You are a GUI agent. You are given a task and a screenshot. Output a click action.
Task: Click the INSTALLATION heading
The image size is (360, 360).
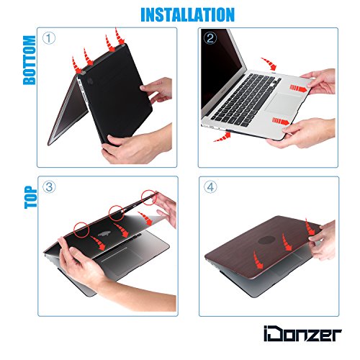[187, 14]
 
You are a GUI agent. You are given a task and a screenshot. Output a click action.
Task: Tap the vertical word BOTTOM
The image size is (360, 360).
[30, 60]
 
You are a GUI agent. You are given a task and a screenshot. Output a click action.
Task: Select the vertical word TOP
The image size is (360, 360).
[31, 197]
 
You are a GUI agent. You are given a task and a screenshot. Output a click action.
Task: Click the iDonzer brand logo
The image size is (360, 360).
[302, 333]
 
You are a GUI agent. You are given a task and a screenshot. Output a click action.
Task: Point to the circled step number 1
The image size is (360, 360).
[49, 38]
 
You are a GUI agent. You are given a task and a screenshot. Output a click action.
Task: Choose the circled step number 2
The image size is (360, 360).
[210, 38]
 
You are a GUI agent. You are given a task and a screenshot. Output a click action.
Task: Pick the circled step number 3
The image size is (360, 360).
[49, 187]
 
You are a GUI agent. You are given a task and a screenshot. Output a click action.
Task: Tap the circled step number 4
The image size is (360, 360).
[210, 187]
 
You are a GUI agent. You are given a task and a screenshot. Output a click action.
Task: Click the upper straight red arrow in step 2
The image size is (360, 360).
[298, 88]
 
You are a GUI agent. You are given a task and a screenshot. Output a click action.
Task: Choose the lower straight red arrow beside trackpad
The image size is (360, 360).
[281, 121]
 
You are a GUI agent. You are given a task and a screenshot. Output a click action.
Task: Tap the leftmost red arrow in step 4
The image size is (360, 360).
[258, 260]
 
